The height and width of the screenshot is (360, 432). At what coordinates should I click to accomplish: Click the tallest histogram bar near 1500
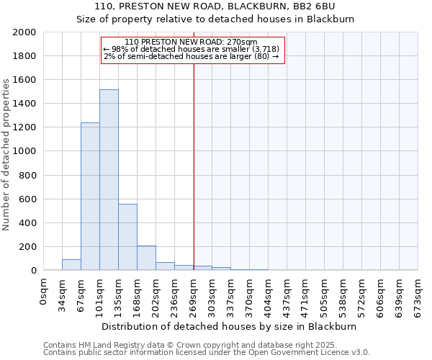pos(109,180)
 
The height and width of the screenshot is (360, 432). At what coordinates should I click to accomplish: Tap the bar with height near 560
pos(127,237)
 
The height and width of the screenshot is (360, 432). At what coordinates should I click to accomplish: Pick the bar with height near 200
pos(146,258)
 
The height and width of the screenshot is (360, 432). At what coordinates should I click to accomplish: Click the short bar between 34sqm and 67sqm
pos(71,265)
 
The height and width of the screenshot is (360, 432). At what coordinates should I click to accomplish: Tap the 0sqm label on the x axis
pos(45,292)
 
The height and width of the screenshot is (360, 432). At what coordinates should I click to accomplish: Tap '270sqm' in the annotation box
pos(242,42)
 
